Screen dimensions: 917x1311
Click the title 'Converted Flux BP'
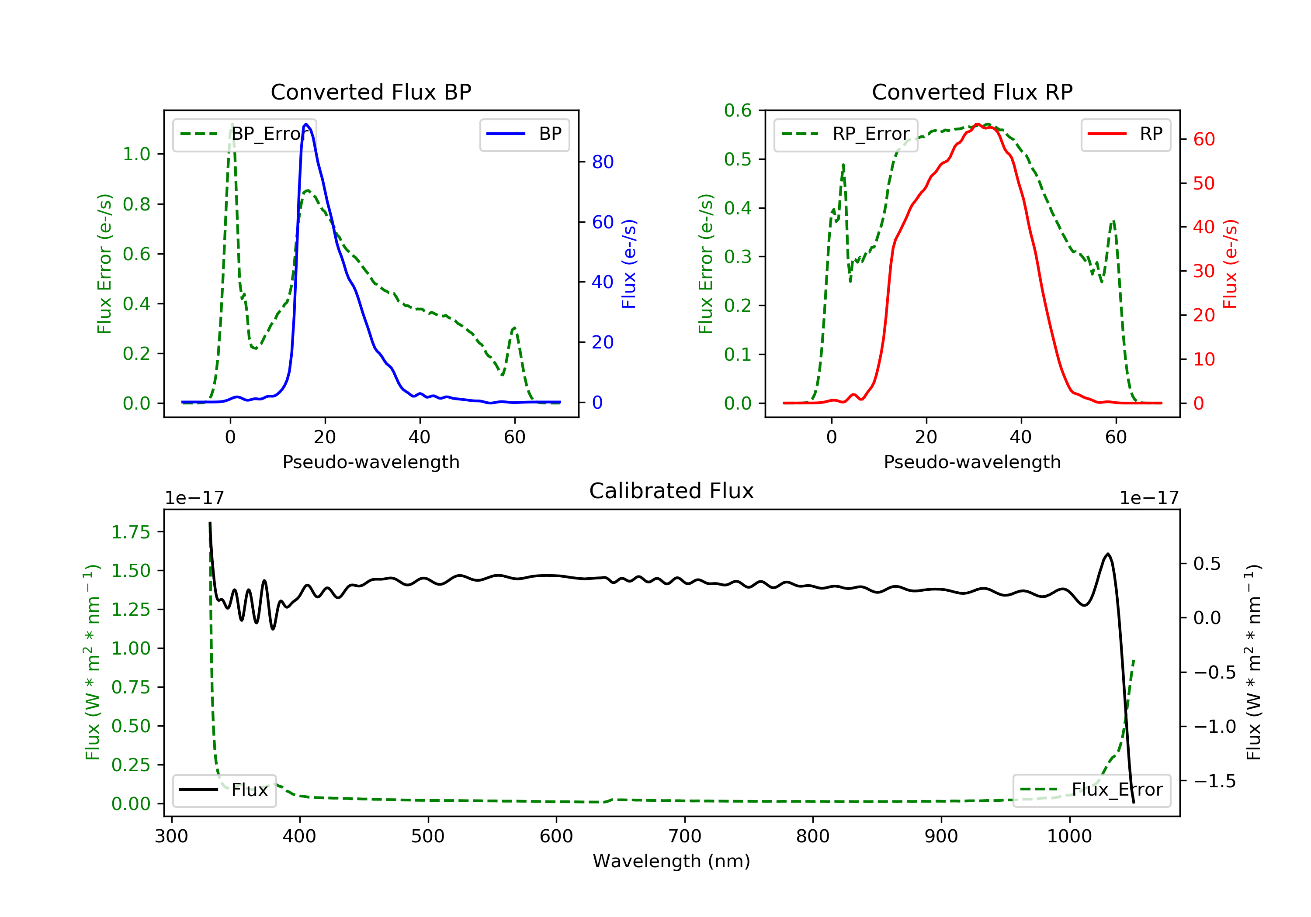coord(371,92)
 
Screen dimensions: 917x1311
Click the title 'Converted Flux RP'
coord(972,92)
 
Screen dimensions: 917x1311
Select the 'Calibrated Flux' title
coord(672,491)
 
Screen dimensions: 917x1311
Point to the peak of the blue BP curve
coord(306,124)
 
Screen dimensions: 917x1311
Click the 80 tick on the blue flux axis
coord(602,162)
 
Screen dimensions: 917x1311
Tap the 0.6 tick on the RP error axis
coord(738,110)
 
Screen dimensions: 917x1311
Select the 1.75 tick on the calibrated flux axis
coord(130,532)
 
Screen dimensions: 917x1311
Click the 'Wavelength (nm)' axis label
coord(672,861)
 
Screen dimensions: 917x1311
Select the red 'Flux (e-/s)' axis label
coord(1230,264)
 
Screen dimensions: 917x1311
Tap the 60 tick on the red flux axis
coord(1203,139)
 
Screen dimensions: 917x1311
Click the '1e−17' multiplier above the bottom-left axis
coord(194,498)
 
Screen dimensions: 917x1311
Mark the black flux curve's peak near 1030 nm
coord(1108,554)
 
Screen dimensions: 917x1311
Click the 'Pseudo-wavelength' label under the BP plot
coord(371,462)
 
